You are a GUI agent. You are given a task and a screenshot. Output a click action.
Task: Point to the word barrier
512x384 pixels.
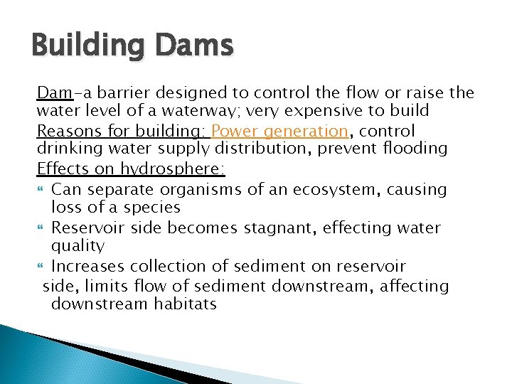[120, 93]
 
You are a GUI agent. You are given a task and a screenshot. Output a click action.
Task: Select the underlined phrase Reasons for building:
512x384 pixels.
[121, 132]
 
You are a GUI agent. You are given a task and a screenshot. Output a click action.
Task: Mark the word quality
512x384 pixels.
[78, 247]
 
